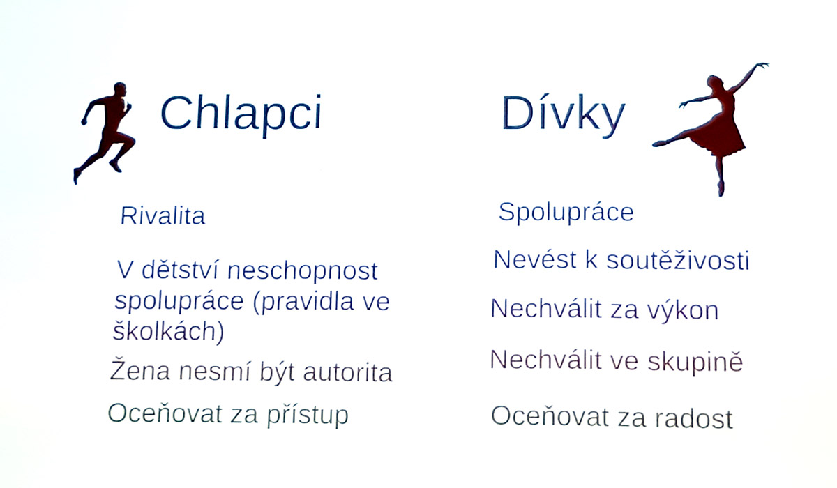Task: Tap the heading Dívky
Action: tap(563, 114)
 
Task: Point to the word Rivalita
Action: tap(163, 216)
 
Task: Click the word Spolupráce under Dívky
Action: tap(566, 213)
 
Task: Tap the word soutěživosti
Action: tap(678, 260)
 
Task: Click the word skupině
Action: tap(695, 362)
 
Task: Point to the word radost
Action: tap(694, 418)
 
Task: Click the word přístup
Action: tap(308, 415)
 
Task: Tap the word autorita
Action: tap(347, 373)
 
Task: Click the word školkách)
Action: tap(169, 331)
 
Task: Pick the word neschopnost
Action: tap(303, 271)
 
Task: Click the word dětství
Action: tap(180, 270)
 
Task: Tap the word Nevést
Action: tap(535, 259)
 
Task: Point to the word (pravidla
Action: tap(303, 302)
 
